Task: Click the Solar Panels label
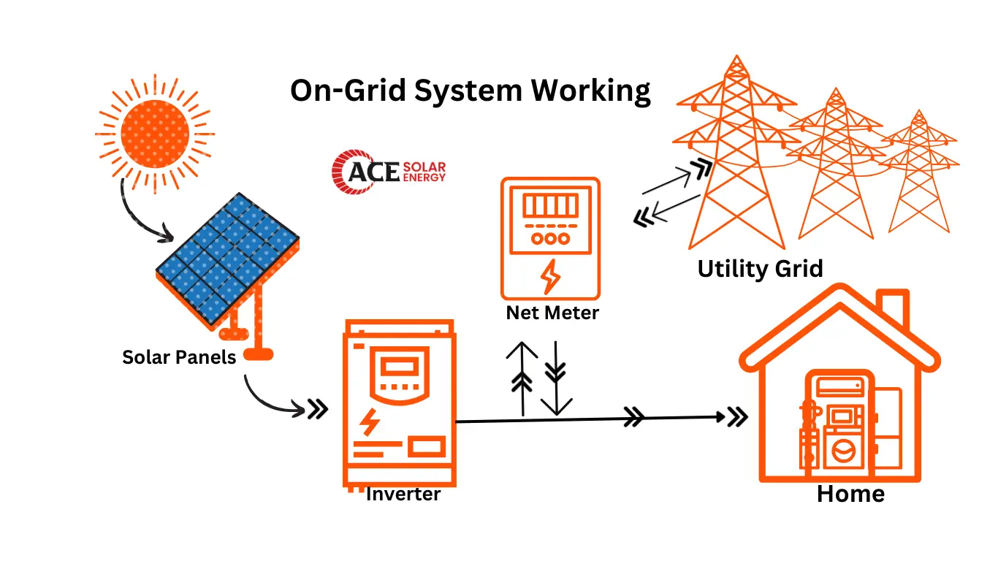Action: (179, 357)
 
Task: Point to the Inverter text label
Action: (403, 494)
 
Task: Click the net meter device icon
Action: (550, 238)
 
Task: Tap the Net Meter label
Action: (552, 313)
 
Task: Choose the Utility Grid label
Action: (760, 269)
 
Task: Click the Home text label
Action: (850, 494)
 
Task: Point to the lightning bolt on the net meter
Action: (550, 276)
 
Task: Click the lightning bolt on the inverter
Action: (370, 422)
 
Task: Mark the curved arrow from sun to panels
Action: (139, 215)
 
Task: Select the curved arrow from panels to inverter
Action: (270, 400)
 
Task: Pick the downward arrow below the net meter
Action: (556, 378)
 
